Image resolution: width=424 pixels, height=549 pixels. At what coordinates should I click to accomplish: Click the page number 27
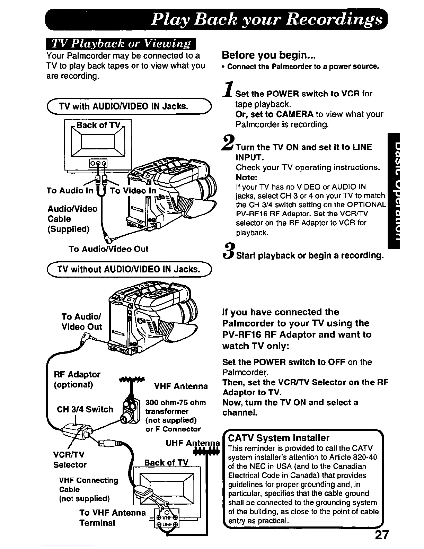(382, 535)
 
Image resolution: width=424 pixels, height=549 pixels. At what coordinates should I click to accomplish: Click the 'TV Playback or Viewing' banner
(121, 44)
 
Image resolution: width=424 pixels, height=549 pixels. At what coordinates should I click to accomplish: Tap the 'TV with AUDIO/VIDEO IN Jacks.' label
(123, 106)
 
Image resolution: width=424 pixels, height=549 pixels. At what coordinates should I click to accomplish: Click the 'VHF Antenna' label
(181, 386)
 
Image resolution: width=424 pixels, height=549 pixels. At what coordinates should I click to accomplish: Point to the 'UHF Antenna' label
(193, 443)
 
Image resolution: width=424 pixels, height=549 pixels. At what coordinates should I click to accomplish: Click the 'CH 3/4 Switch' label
(85, 409)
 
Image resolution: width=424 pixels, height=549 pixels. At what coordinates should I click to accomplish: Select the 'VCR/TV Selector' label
(69, 460)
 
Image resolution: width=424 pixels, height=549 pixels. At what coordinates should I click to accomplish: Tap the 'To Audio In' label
(70, 191)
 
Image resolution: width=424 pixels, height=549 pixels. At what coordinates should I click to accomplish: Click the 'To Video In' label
(133, 191)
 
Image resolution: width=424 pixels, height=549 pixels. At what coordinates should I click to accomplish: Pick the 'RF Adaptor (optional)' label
(77, 380)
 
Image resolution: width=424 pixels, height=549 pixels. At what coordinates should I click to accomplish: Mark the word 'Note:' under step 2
(246, 177)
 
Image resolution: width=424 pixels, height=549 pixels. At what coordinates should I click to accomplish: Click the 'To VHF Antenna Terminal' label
(112, 517)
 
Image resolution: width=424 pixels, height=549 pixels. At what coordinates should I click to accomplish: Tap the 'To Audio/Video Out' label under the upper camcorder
(108, 249)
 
